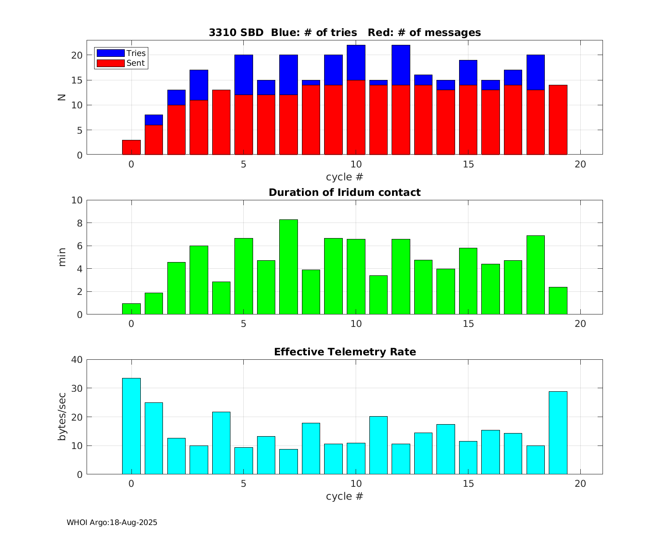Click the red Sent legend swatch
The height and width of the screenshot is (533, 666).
tap(111, 63)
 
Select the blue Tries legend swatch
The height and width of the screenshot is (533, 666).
tap(111, 53)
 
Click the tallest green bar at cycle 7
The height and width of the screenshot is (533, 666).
tap(289, 267)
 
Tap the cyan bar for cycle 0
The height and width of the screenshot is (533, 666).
tap(131, 426)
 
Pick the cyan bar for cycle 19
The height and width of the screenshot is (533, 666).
tap(558, 433)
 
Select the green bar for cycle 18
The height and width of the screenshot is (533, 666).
tap(535, 275)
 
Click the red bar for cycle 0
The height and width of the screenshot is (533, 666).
tap(131, 147)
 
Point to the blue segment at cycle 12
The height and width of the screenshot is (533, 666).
tap(401, 65)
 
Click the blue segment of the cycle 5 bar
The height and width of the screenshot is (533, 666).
tap(244, 75)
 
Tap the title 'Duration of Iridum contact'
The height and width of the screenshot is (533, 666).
tap(345, 193)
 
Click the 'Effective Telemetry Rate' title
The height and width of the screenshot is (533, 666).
tap(345, 352)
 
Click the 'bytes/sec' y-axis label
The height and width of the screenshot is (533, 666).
tap(62, 417)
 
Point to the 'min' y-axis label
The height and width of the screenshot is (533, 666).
tap(62, 257)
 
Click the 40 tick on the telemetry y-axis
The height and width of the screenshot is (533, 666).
tap(77, 359)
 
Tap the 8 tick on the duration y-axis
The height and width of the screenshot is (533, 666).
tap(79, 223)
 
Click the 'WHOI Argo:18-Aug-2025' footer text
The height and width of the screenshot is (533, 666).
tap(112, 523)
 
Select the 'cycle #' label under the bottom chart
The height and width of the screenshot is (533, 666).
tap(345, 497)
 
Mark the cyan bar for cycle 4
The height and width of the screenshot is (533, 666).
tap(221, 443)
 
